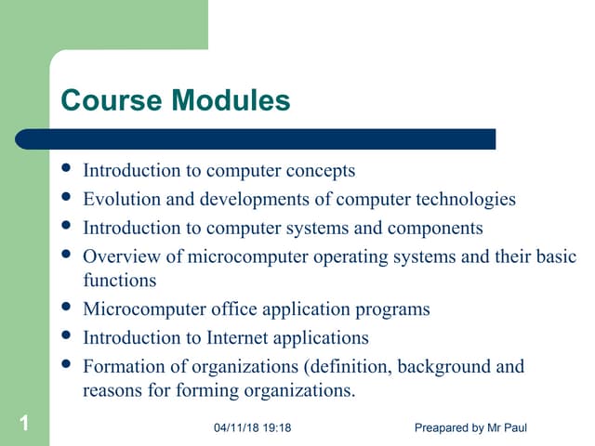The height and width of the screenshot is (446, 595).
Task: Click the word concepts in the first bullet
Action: pos(322,171)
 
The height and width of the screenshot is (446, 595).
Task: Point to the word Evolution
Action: pos(119,199)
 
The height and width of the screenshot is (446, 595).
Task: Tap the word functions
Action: pos(120,280)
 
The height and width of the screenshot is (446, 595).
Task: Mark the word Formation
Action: pos(122,366)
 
